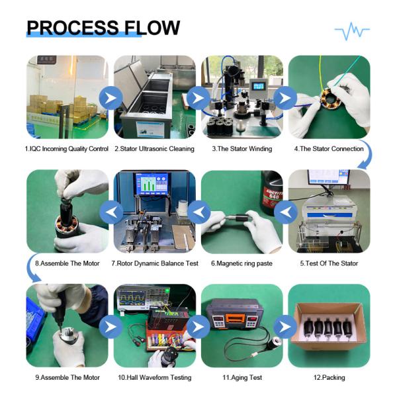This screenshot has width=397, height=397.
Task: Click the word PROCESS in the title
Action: [73, 28]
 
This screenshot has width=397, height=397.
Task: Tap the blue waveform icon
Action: [352, 31]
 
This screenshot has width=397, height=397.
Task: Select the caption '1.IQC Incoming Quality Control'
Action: [67, 149]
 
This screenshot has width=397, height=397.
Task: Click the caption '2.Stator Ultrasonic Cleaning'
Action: [154, 149]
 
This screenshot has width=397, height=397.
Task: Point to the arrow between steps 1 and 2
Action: [110, 98]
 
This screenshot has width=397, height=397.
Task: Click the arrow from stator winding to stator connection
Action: [285, 98]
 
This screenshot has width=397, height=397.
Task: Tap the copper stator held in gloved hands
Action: [331, 98]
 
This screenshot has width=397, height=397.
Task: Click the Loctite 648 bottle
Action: [272, 193]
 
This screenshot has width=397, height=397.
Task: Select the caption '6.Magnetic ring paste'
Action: [242, 263]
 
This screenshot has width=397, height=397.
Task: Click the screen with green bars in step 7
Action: [152, 184]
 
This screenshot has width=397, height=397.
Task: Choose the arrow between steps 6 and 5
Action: [286, 212]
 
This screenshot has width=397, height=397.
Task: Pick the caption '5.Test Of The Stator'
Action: [329, 263]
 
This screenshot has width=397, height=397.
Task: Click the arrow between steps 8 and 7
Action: [111, 212]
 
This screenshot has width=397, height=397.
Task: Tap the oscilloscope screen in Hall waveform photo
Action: [132, 298]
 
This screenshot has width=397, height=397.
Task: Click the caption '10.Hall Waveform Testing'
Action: [155, 378]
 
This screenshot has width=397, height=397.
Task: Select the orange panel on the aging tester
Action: [235, 318]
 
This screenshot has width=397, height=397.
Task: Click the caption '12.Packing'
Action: [329, 378]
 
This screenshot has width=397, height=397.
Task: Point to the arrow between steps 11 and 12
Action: [285, 327]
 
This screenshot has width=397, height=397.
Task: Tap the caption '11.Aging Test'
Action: [242, 378]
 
